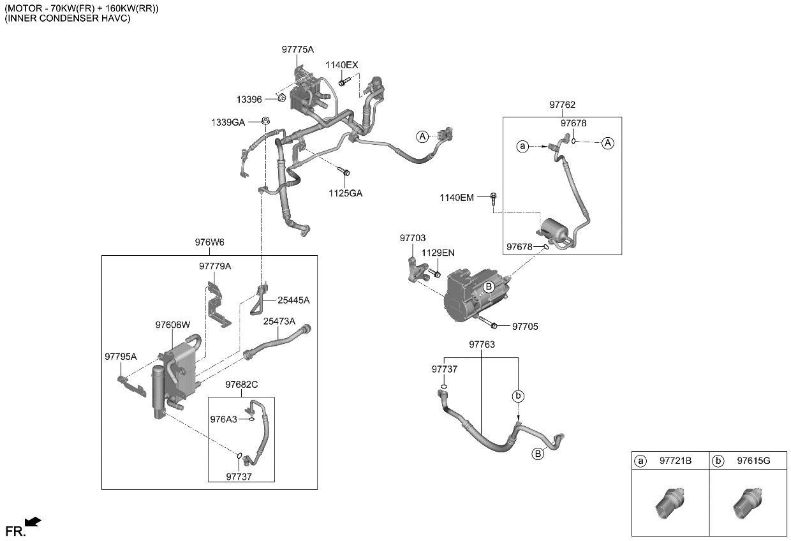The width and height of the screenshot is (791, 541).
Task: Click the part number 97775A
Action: pos(297,49)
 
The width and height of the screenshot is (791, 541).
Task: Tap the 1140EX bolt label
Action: pos(342,65)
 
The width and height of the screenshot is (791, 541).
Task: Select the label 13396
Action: pos(249,99)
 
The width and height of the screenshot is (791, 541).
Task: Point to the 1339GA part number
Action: pos(228,122)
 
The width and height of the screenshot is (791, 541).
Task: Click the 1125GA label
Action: pos(345,193)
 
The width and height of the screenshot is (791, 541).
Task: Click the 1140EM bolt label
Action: pos(456,198)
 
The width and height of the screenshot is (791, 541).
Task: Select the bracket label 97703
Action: pos(413,238)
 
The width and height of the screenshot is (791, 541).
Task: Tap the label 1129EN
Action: pos(438,253)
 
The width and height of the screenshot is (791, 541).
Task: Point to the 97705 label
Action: pos(525,327)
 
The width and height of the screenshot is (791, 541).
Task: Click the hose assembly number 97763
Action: pos(482,345)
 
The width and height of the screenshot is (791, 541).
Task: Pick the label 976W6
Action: pos(209,242)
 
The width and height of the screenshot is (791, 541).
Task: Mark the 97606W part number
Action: pos(173,325)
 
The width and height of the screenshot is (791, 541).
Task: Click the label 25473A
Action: pos(279,322)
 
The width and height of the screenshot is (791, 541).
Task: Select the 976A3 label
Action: pos(223,419)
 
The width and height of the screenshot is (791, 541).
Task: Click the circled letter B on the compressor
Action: pos(488,287)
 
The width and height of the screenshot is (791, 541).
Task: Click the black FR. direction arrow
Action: pos(33,522)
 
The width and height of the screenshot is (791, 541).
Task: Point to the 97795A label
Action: pos(121,356)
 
